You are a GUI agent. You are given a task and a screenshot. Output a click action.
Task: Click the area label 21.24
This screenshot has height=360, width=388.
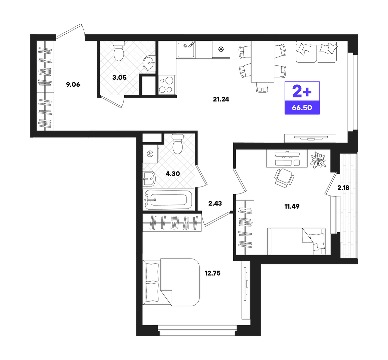[x=221, y=99]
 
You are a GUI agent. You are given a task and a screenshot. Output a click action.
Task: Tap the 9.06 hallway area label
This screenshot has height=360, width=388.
[x=73, y=84]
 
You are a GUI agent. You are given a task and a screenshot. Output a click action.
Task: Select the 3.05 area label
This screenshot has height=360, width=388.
[x=119, y=77]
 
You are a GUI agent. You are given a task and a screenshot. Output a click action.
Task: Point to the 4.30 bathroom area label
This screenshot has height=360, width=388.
[x=173, y=174]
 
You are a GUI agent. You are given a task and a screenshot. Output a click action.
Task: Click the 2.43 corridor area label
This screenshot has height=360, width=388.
[x=215, y=204]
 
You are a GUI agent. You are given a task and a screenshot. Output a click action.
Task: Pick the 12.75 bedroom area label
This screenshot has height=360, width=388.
[x=212, y=273]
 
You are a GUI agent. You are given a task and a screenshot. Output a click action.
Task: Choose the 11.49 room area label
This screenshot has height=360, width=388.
[x=292, y=206]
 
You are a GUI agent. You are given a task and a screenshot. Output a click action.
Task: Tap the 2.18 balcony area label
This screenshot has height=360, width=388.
[x=343, y=188]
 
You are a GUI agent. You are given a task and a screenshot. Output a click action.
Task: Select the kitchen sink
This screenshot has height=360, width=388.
[x=186, y=50]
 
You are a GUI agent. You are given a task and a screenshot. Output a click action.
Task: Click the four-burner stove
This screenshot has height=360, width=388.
[x=166, y=85]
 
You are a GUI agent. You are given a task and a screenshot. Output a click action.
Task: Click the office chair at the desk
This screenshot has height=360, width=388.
[x=284, y=177]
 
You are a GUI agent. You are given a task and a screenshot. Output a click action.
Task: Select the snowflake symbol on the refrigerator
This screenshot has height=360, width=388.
[x=221, y=49]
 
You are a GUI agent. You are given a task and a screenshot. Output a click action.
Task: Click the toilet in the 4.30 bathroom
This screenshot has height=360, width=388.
[x=178, y=144]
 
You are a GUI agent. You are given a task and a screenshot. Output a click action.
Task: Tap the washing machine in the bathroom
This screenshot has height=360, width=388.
[x=150, y=154]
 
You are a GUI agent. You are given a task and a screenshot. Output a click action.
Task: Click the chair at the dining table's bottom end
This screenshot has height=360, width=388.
[x=262, y=87]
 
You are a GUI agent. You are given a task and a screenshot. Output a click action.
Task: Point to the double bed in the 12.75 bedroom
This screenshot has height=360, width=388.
[x=171, y=282]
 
